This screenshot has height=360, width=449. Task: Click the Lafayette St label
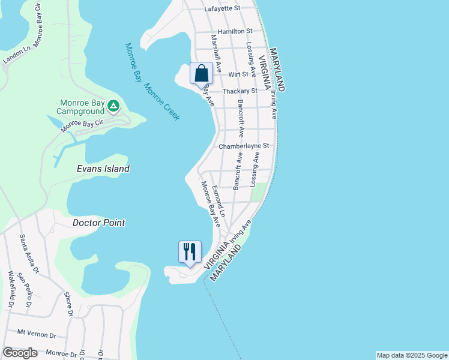pyautogui.click(x=221, y=8)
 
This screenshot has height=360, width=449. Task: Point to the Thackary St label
pyautogui.click(x=240, y=91)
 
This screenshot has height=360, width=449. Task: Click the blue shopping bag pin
pyautogui.click(x=201, y=74)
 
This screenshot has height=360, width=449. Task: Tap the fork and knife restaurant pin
pyautogui.click(x=190, y=251)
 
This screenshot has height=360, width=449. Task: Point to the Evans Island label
pyautogui.click(x=103, y=169)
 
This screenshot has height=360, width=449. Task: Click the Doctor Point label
pyautogui.click(x=98, y=223)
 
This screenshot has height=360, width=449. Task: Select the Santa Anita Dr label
pyautogui.click(x=28, y=252)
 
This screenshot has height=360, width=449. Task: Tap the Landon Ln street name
pyautogui.click(x=16, y=55)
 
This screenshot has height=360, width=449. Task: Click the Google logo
pyautogui.click(x=20, y=353)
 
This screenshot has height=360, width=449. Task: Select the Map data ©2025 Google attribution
pyautogui.click(x=411, y=355)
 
